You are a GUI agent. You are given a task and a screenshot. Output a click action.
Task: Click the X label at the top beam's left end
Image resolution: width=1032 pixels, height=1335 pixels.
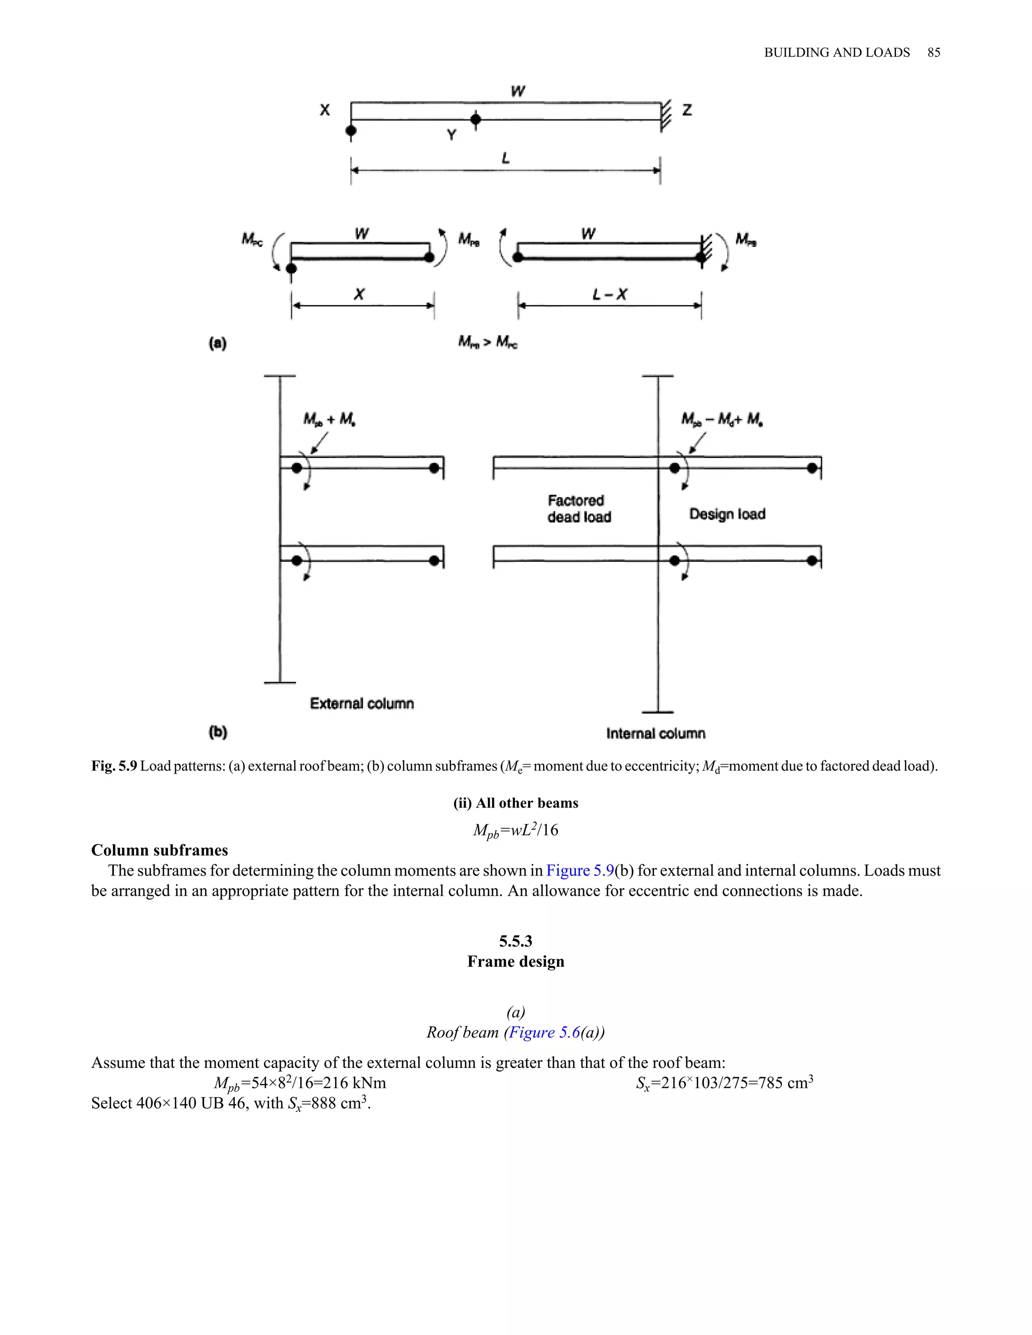click(x=325, y=110)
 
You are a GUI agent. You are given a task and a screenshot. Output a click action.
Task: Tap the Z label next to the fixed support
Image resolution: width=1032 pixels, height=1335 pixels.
click(x=687, y=110)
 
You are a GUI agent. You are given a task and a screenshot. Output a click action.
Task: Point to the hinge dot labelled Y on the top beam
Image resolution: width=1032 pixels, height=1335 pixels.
click(x=476, y=119)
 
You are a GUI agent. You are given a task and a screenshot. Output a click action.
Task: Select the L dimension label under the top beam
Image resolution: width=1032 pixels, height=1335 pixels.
click(x=505, y=158)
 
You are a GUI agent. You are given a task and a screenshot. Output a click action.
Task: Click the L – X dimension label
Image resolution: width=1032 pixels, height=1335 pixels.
click(x=610, y=295)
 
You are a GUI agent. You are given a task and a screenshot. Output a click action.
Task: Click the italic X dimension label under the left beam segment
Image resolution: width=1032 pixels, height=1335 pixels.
click(x=359, y=295)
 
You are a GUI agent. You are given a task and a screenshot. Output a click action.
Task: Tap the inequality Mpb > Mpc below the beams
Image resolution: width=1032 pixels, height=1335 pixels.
click(x=488, y=342)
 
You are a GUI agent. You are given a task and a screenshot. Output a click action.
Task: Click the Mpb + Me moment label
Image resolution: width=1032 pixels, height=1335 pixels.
click(x=330, y=419)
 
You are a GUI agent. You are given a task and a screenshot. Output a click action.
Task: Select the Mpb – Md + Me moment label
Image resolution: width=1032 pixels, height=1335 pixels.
click(x=722, y=419)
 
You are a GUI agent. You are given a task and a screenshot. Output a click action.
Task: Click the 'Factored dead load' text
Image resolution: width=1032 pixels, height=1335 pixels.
click(x=578, y=509)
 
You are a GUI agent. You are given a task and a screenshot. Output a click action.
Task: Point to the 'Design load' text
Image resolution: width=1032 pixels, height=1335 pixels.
click(x=727, y=514)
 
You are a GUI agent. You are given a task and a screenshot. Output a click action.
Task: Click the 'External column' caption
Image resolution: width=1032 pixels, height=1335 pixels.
click(x=361, y=704)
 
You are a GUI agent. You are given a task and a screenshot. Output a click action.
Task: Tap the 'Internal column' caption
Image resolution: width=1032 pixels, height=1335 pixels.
click(x=656, y=733)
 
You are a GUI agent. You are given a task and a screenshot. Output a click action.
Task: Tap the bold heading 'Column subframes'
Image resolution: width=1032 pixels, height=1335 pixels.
click(x=160, y=850)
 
